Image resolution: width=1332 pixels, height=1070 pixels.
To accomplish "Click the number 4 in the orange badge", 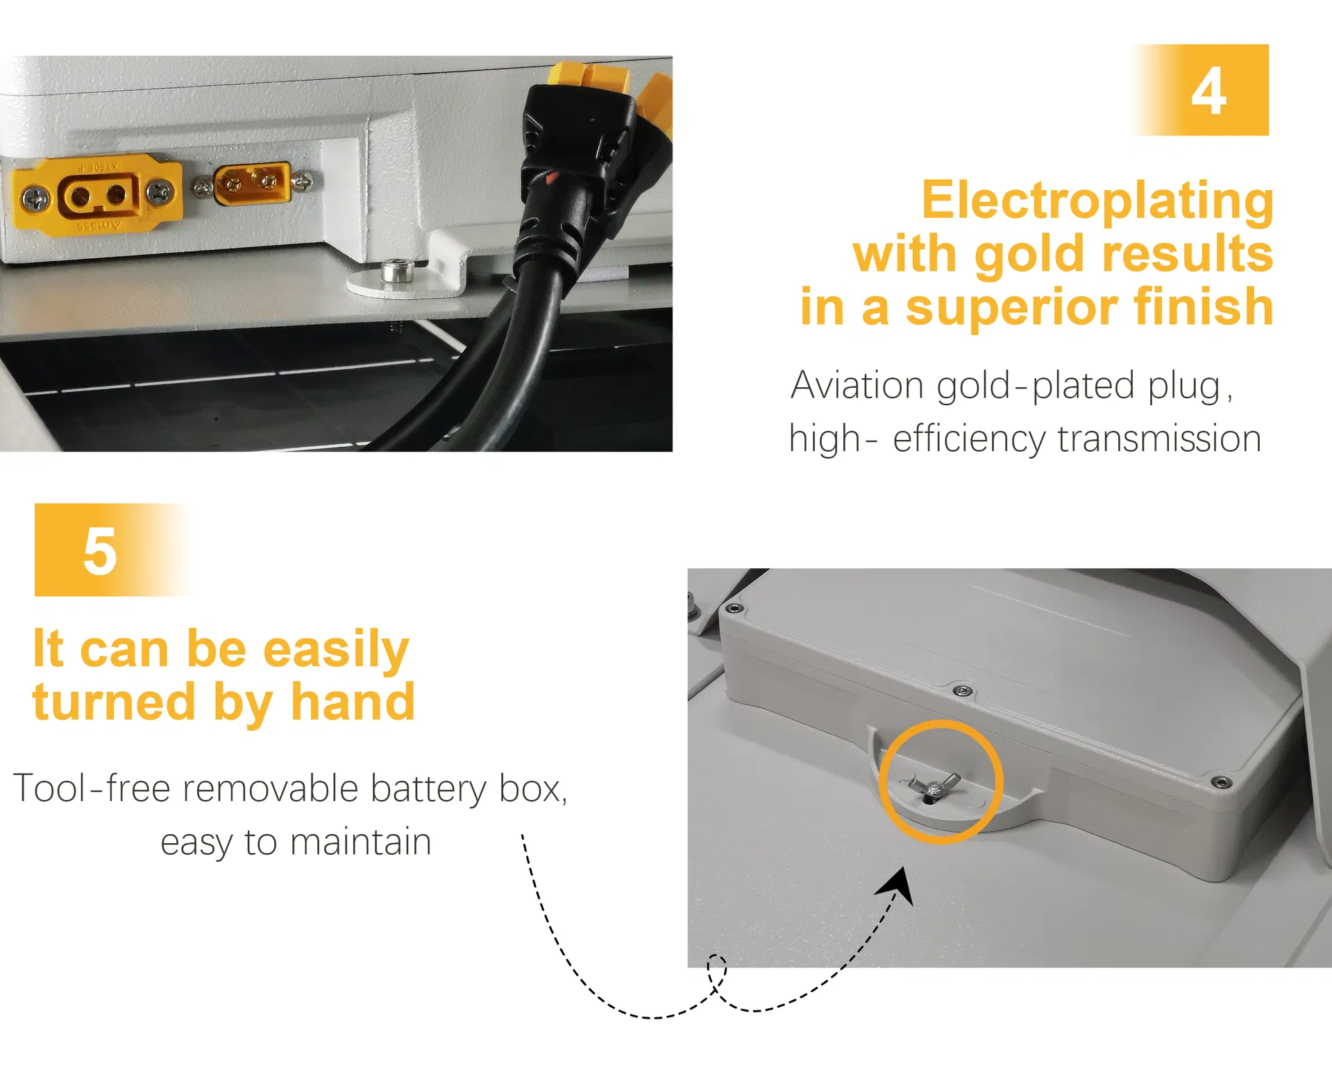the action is pos(1209,91).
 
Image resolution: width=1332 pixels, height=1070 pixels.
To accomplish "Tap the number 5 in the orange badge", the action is pos(100,551).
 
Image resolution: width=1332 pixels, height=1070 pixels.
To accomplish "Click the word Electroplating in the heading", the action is pos(1097,200).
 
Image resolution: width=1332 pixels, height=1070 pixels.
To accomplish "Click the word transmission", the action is pos(1159,439).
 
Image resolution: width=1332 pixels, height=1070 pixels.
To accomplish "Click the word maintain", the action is pos(361,842).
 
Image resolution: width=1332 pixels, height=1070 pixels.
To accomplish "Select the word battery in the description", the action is pos(429,790).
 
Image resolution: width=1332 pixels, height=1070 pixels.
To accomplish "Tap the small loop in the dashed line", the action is pos(718,971).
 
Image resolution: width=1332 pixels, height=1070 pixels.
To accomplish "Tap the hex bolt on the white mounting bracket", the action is pos(398,270).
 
